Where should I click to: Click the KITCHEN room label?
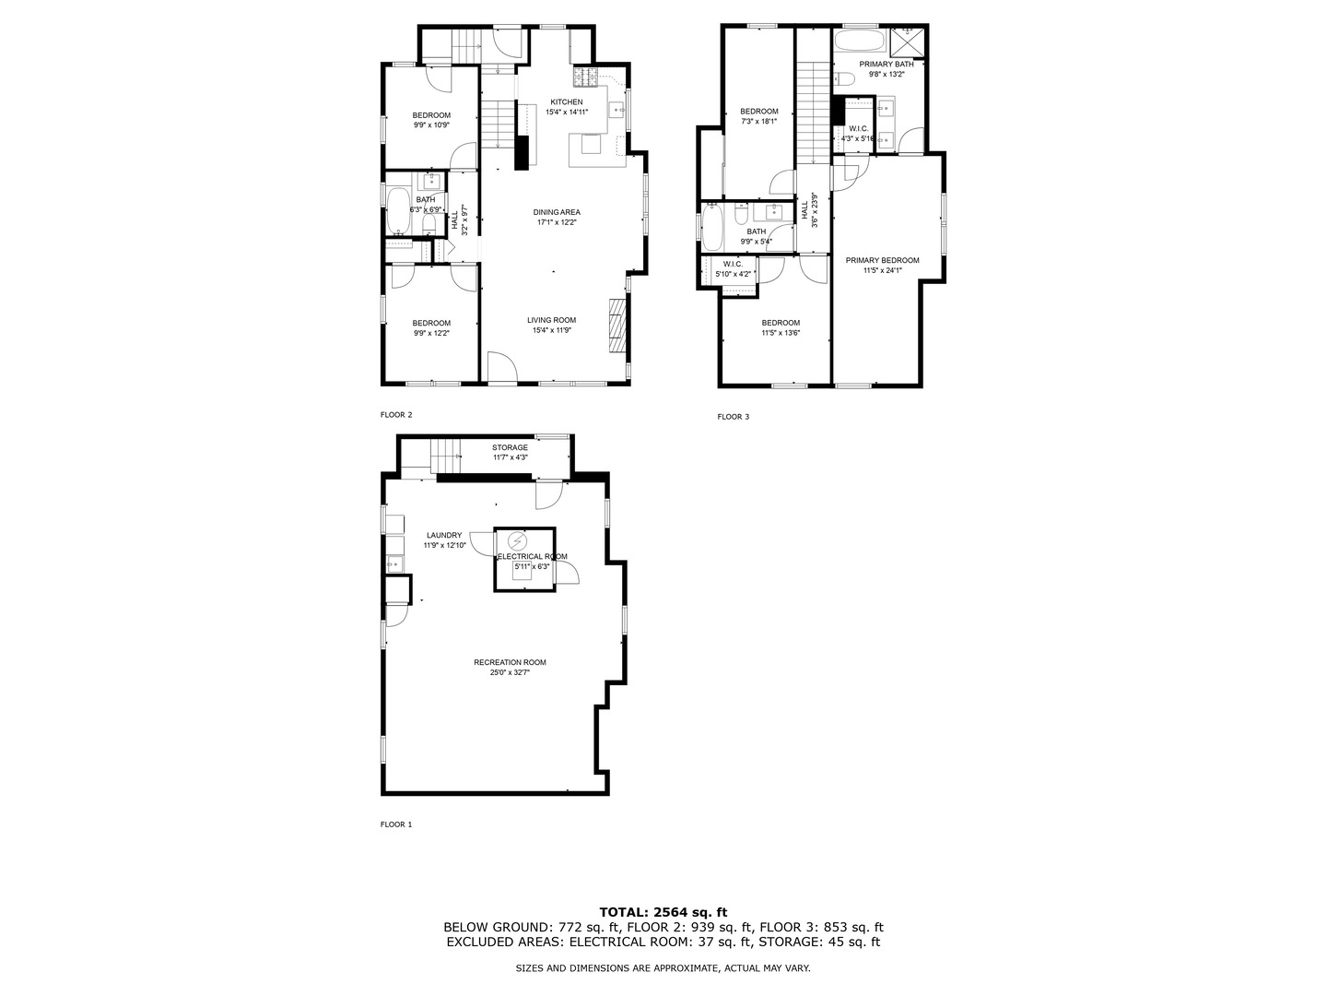(566, 101)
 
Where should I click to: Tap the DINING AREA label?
(557, 212)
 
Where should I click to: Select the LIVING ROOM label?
(551, 320)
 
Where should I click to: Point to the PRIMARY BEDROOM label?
(882, 260)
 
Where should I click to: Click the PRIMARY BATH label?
(887, 64)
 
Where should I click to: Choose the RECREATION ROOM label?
(510, 662)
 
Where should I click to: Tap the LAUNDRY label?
(444, 535)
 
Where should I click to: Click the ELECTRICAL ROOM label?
(532, 556)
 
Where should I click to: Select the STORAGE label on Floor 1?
(510, 447)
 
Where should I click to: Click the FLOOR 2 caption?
(396, 415)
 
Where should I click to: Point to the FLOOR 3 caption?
(734, 417)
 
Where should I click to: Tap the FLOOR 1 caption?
(396, 824)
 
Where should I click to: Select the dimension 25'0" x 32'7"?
(510, 673)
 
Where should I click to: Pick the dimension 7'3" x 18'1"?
(759, 121)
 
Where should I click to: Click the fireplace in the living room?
(616, 326)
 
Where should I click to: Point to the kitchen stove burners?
(586, 76)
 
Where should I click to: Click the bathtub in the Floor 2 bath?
(398, 211)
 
